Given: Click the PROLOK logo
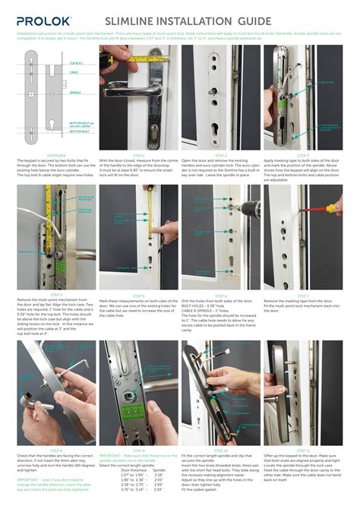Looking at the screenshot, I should [x=46, y=23].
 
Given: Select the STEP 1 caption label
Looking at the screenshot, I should [x=138, y=155].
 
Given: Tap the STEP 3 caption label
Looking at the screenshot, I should [x=302, y=155].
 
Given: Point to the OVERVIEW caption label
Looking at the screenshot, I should [x=56, y=155].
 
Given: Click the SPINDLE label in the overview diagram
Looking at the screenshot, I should [x=76, y=93].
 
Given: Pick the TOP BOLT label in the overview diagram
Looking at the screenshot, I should [x=76, y=64].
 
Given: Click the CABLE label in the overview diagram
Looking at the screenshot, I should [x=74, y=74].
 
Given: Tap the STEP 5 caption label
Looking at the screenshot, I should [x=138, y=296].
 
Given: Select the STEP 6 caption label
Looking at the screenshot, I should [x=221, y=296].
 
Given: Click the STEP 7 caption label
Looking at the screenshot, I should [x=302, y=296].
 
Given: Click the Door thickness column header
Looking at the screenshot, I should [x=134, y=470].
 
